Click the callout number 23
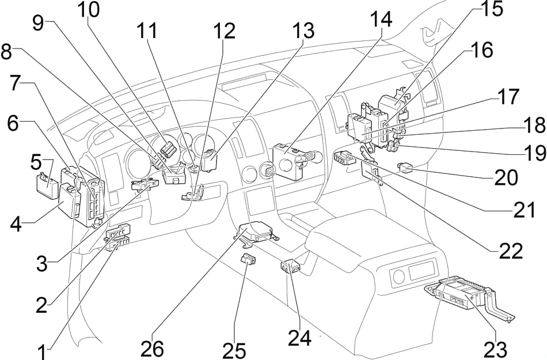496,348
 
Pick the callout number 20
507,177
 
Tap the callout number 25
235,350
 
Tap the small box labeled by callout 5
47,183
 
